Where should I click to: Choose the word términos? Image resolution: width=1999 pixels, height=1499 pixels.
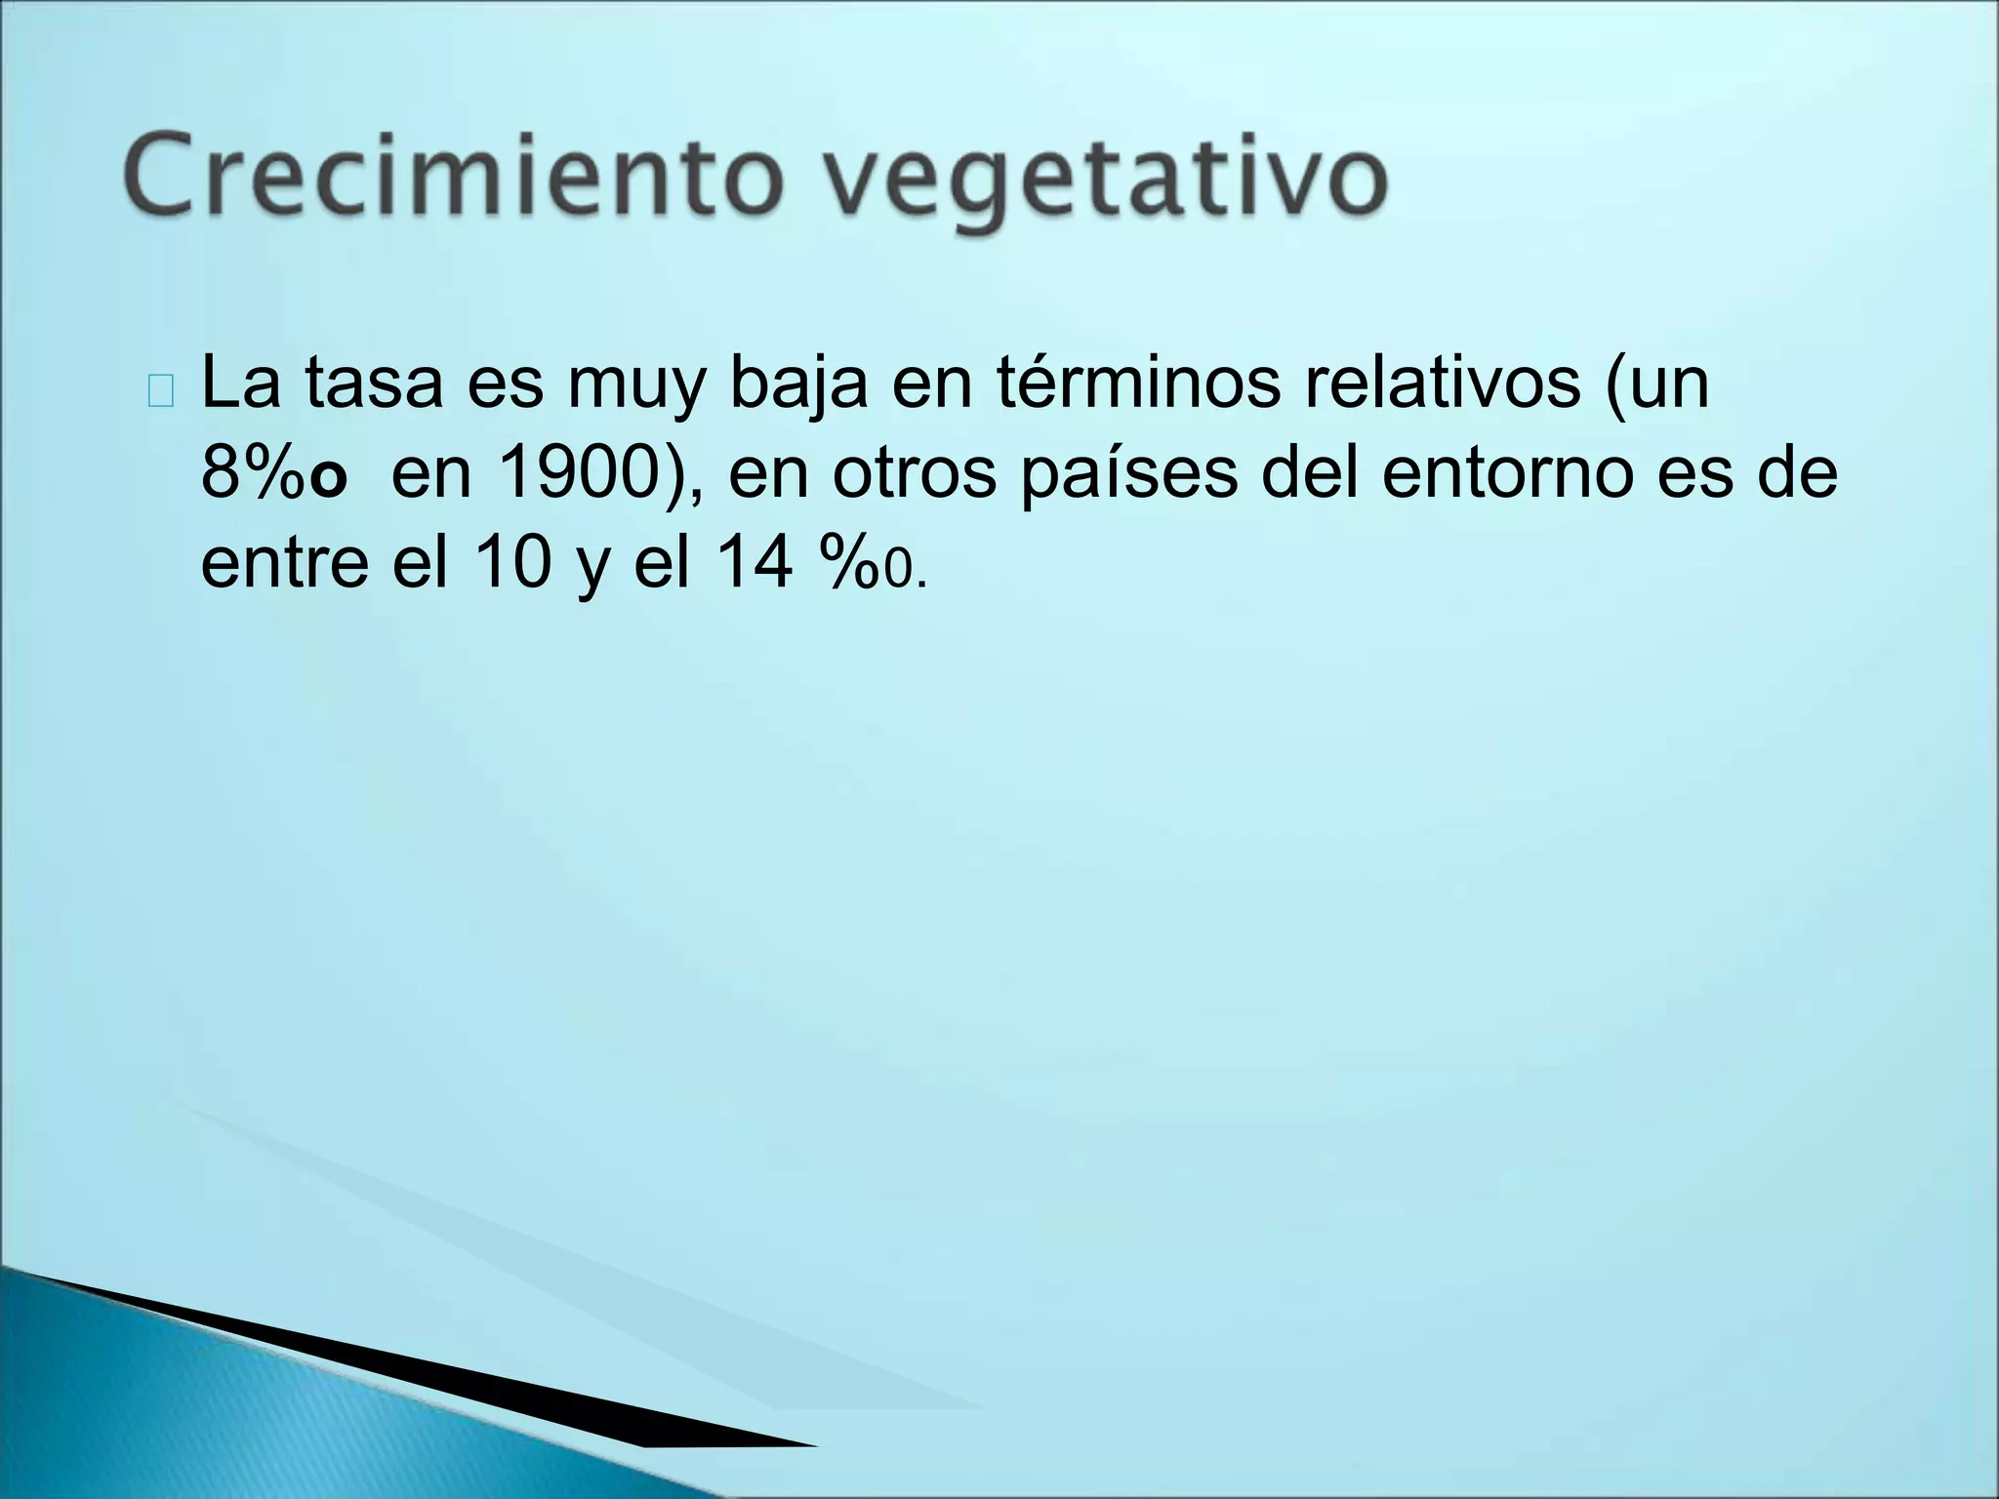coord(1138,383)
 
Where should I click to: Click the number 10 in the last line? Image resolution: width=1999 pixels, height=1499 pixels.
coord(513,563)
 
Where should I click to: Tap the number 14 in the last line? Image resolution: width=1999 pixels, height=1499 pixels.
coord(755,563)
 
